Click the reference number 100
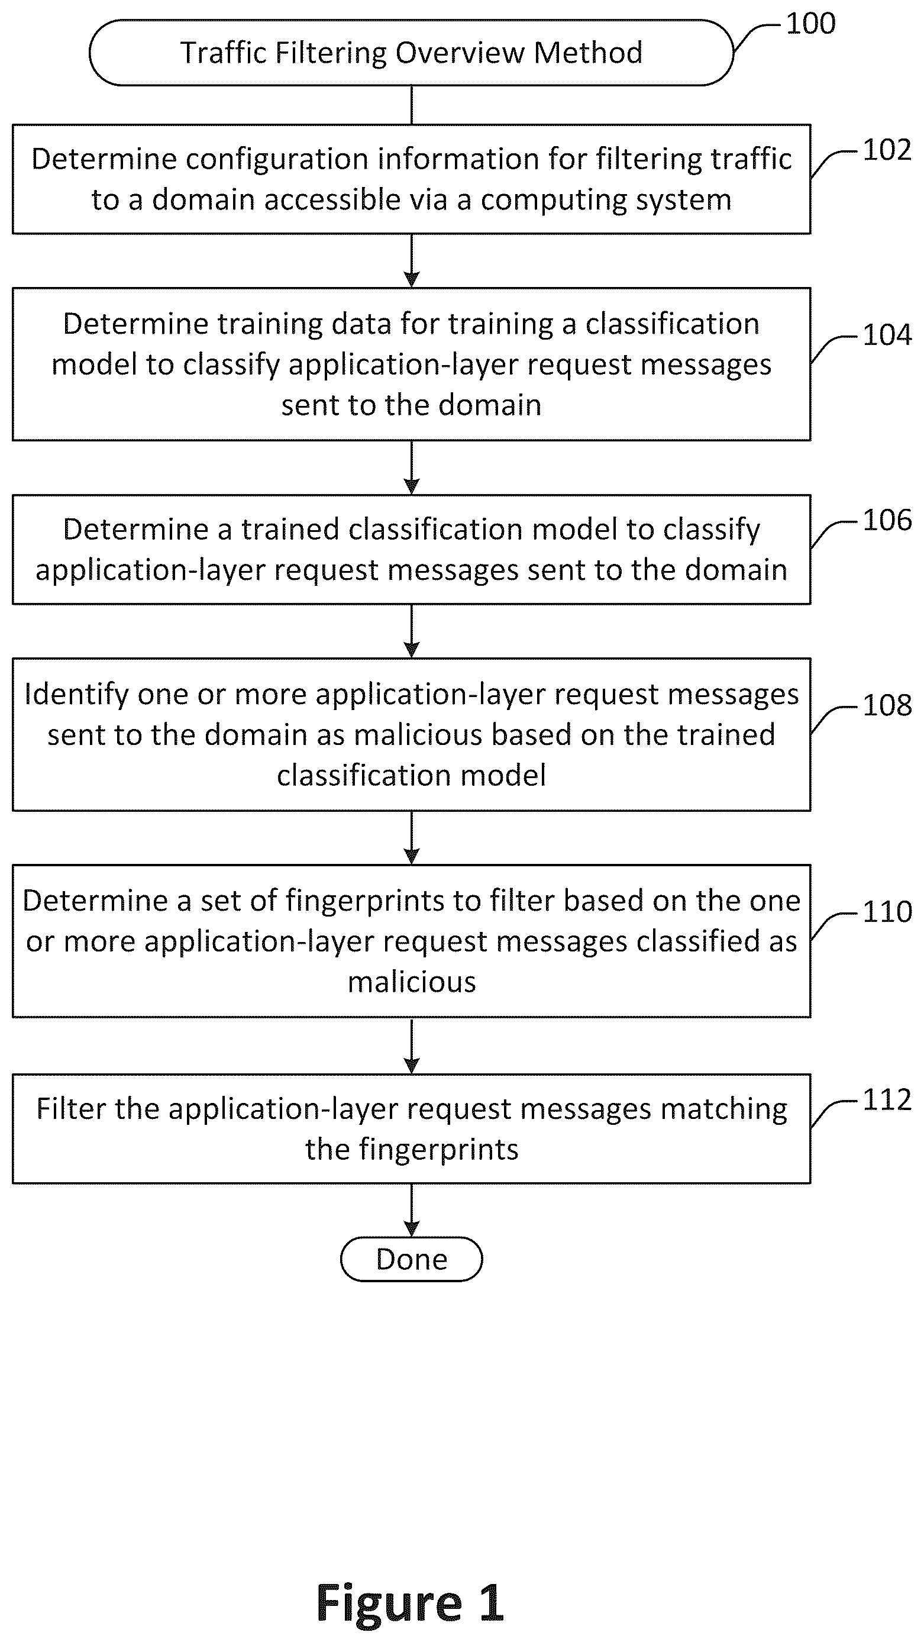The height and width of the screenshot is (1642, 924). pyautogui.click(x=810, y=24)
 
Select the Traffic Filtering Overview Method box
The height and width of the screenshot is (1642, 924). pyautogui.click(x=412, y=52)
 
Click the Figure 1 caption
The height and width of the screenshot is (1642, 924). pyautogui.click(x=411, y=1603)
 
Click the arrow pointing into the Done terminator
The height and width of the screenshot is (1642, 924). pyautogui.click(x=412, y=1210)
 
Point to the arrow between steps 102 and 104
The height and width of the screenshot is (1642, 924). pyautogui.click(x=412, y=261)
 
